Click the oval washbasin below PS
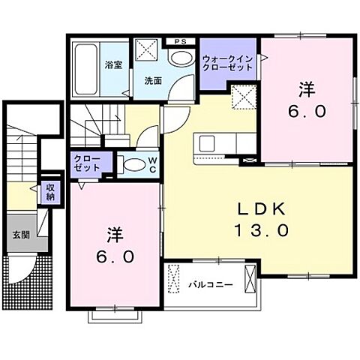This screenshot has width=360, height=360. [x=180, y=58]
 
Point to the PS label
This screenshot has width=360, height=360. [x=180, y=42]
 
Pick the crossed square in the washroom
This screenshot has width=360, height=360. [x=147, y=52]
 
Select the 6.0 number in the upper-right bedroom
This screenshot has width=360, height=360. [x=307, y=111]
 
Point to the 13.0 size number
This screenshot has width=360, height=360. [x=259, y=230]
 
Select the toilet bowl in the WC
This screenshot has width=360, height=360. [x=133, y=165]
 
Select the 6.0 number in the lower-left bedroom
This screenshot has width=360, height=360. [x=115, y=256]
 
